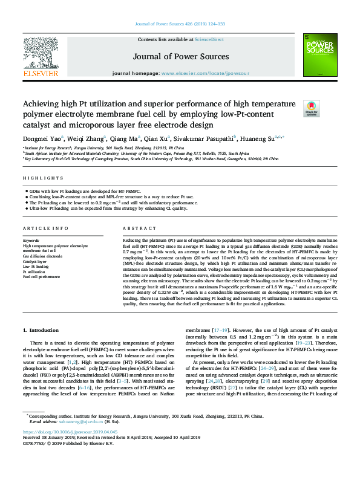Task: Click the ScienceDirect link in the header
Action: (x=209, y=39)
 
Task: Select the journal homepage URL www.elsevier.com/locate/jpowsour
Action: (x=205, y=73)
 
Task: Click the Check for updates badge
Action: (x=310, y=108)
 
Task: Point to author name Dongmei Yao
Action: (x=39, y=138)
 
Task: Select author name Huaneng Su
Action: (x=258, y=138)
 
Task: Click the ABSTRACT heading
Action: (x=137, y=228)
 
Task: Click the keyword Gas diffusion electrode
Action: (x=42, y=256)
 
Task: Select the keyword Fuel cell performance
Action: (x=42, y=276)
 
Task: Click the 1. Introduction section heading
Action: (x=41, y=330)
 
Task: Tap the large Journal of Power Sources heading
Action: (x=180, y=58)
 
